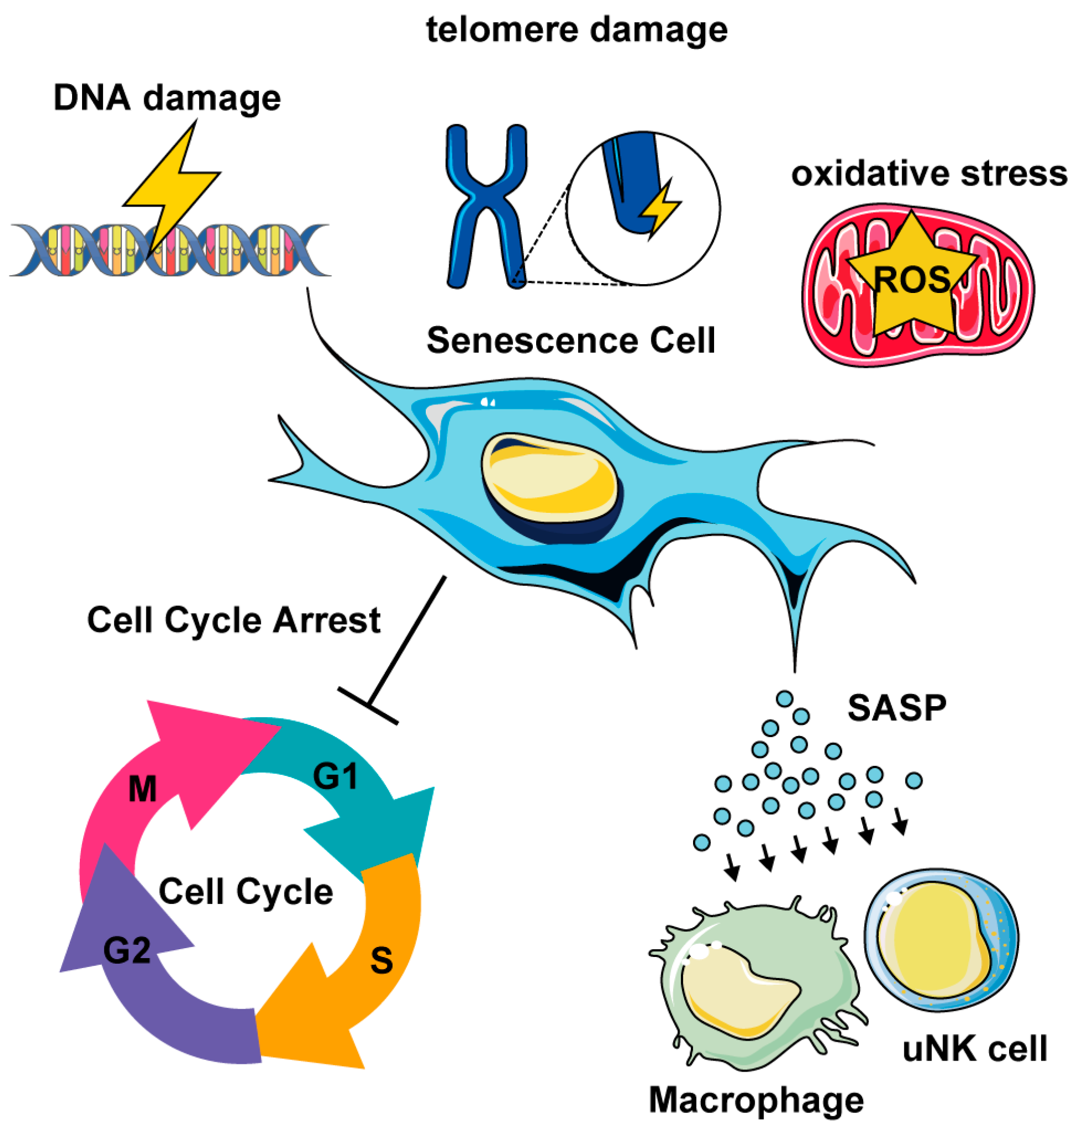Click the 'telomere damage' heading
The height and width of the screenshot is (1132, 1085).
(x=575, y=30)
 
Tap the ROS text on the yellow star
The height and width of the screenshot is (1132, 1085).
(x=911, y=280)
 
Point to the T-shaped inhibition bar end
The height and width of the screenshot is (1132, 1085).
(x=368, y=705)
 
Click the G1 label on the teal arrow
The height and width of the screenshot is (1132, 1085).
(x=335, y=776)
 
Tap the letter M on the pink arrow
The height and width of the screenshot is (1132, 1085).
(x=142, y=789)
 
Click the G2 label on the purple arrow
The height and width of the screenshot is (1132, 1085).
(x=126, y=950)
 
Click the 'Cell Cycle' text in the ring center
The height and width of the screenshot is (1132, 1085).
(x=246, y=892)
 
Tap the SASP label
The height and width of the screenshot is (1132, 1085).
(x=896, y=708)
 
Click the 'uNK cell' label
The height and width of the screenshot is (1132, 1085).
(x=974, y=1049)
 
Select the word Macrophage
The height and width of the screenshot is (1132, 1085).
(x=756, y=1100)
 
